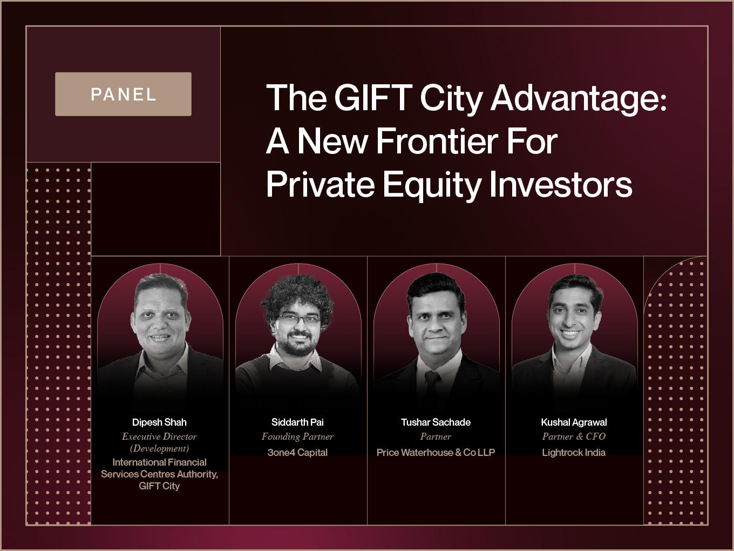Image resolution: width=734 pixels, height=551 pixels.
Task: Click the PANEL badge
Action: [123, 94]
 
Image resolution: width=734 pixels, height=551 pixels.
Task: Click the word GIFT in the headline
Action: [373, 98]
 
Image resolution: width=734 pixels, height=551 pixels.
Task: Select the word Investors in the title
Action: [561, 184]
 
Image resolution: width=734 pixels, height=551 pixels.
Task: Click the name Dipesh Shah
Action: [159, 422]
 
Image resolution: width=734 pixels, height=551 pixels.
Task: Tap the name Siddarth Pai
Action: [297, 422]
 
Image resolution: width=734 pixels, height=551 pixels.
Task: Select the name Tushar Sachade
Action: [436, 422]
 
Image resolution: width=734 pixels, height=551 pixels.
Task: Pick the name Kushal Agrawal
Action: [574, 422]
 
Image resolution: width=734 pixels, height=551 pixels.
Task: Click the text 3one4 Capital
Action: [297, 452]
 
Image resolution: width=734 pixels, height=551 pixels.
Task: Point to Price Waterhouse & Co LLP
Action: [436, 452]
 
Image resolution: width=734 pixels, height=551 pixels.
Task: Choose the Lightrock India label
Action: [574, 452]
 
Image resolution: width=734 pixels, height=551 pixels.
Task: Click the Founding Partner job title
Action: [297, 436]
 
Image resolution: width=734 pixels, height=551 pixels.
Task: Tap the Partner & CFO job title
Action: [574, 436]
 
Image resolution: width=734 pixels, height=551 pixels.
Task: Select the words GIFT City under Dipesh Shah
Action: [159, 486]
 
